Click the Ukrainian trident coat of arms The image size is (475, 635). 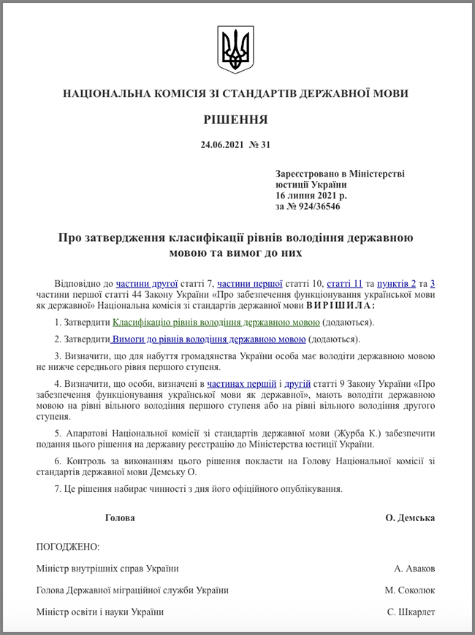[x=235, y=50]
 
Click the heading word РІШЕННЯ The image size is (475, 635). [x=235, y=119]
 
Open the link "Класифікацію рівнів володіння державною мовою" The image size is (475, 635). [x=216, y=322]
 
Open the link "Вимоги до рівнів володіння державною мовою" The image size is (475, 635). [x=209, y=339]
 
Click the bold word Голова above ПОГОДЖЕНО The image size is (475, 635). [x=120, y=517]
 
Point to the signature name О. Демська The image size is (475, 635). [x=410, y=517]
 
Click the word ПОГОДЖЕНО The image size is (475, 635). [x=67, y=547]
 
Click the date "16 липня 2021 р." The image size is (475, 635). [x=311, y=196]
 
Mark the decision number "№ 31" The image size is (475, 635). [x=259, y=145]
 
